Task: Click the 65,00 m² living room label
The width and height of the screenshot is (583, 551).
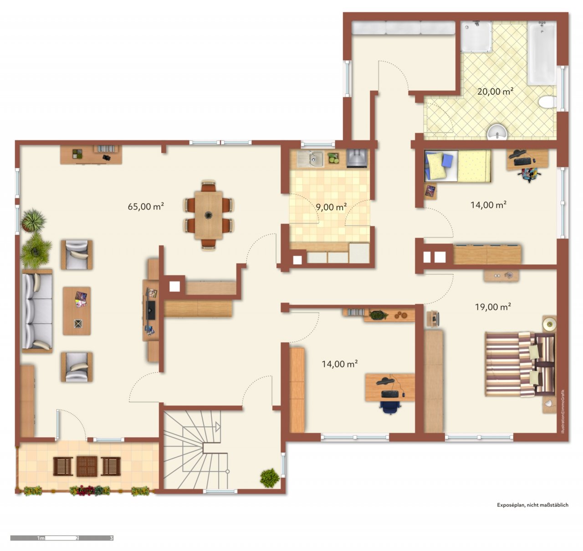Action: coord(146,206)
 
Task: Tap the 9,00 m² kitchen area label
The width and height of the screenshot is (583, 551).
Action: coord(331,206)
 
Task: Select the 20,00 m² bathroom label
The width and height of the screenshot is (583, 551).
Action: coord(495,92)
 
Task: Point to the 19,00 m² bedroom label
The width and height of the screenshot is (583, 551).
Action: coord(493,307)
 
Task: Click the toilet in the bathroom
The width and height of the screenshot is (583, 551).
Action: coord(547,102)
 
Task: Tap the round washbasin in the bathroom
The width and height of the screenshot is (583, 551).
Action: coord(497,133)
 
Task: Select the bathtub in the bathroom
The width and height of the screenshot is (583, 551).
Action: coord(542,53)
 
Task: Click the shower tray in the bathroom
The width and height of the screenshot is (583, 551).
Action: coord(476,36)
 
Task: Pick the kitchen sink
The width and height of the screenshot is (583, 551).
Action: coord(310,159)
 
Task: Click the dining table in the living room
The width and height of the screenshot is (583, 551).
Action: coord(209,215)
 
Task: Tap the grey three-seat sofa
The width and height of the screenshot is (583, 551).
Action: coord(37,311)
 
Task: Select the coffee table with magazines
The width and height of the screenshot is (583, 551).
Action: coord(77,311)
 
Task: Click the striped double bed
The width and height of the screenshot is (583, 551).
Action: coord(520,364)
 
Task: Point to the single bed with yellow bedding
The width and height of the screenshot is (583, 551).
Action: coord(458,166)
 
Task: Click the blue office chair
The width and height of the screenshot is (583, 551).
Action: coord(390,407)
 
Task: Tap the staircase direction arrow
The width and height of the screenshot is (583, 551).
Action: coord(218,427)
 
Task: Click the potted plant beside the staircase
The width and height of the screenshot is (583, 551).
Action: coord(270,478)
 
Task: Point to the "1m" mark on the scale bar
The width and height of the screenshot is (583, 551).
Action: coord(41,538)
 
